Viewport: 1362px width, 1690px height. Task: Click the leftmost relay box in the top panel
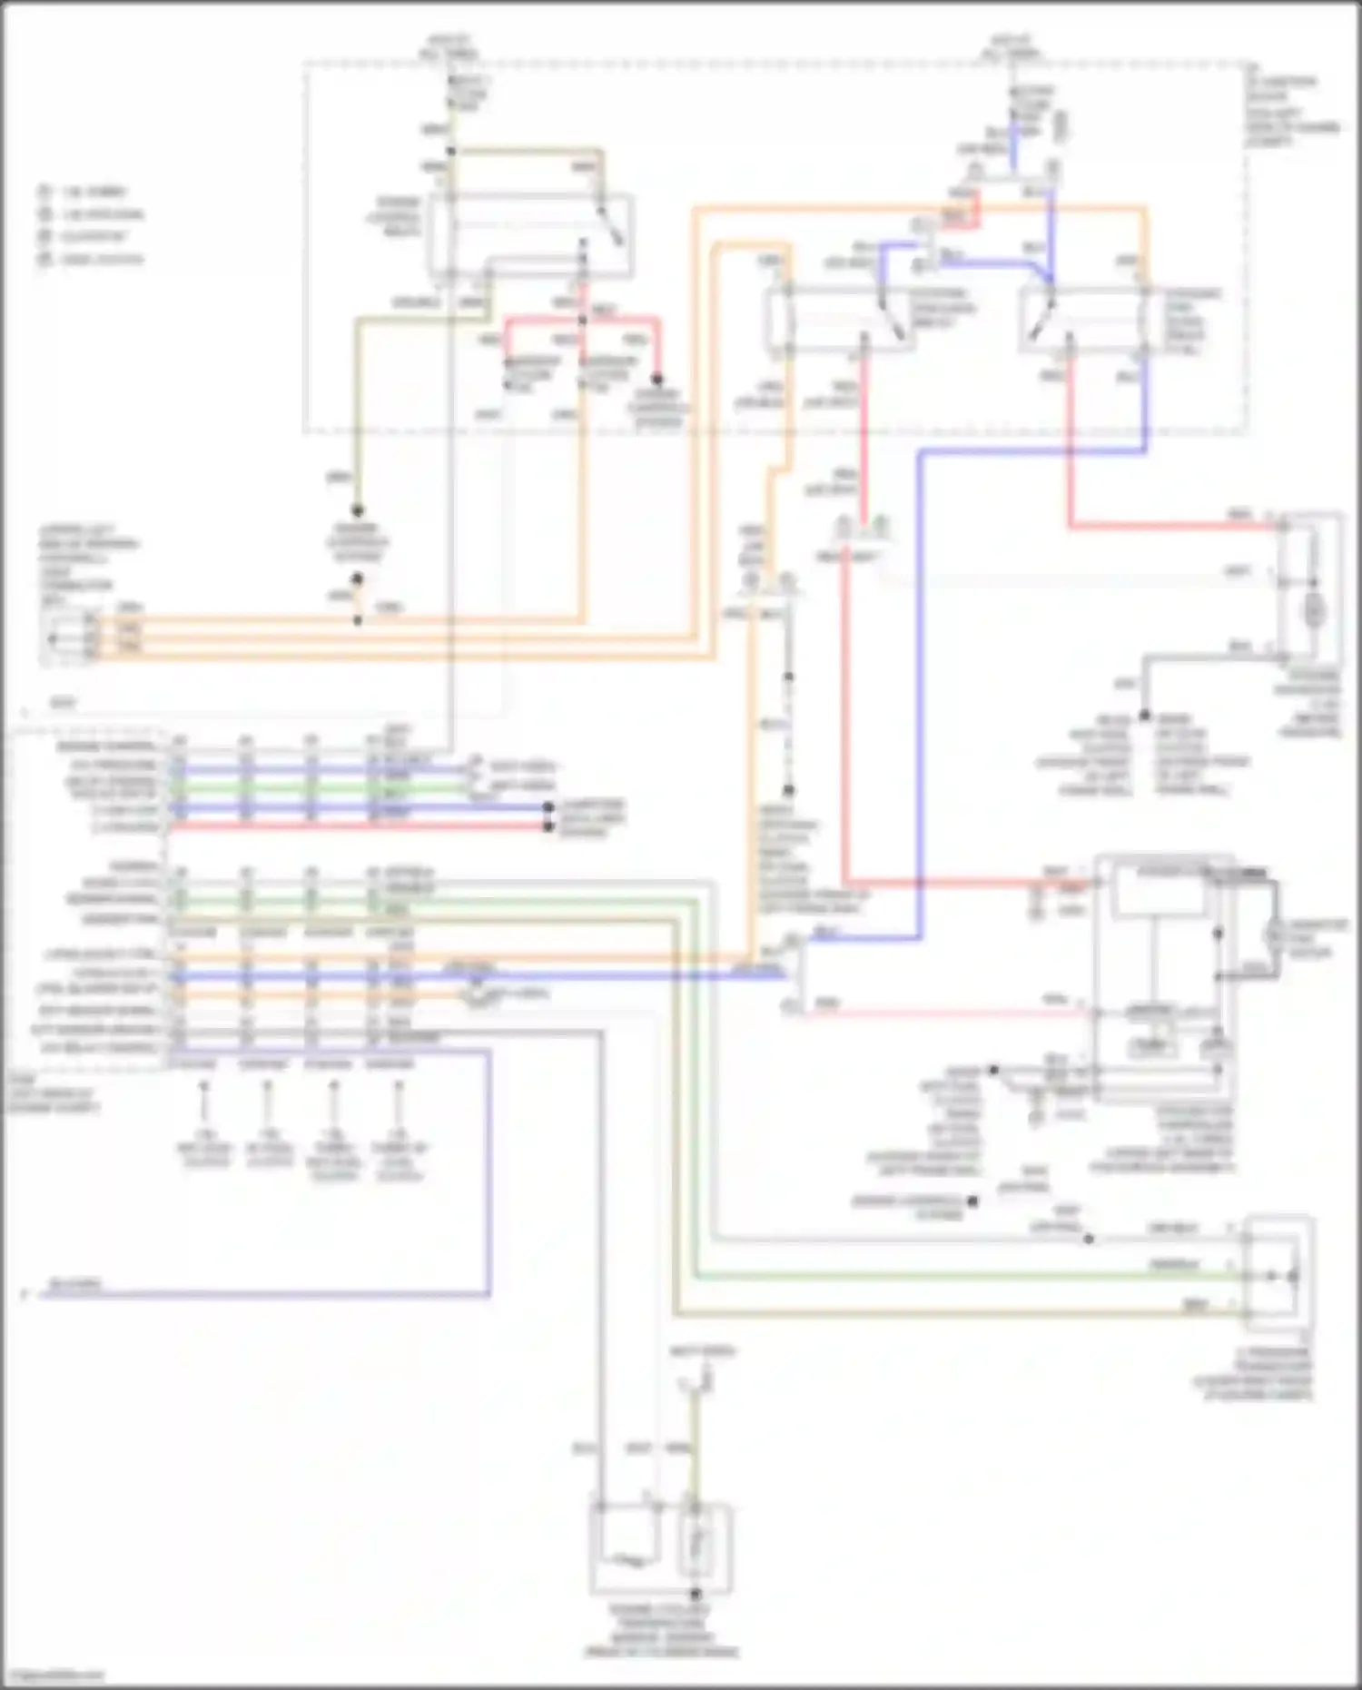[530, 235]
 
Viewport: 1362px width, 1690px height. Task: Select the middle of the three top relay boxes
[840, 320]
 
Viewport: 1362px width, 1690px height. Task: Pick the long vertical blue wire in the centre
[920, 690]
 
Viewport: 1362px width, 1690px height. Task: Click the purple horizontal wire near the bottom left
[263, 1294]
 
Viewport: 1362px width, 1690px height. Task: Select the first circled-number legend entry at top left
[44, 192]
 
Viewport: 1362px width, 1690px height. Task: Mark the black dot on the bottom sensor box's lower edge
[696, 1594]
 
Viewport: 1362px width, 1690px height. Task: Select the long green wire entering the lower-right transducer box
[962, 1276]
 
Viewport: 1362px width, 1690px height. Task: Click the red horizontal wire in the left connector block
[363, 826]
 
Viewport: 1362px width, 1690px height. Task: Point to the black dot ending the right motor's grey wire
[1146, 716]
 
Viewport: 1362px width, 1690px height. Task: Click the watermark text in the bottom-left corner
[53, 1675]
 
